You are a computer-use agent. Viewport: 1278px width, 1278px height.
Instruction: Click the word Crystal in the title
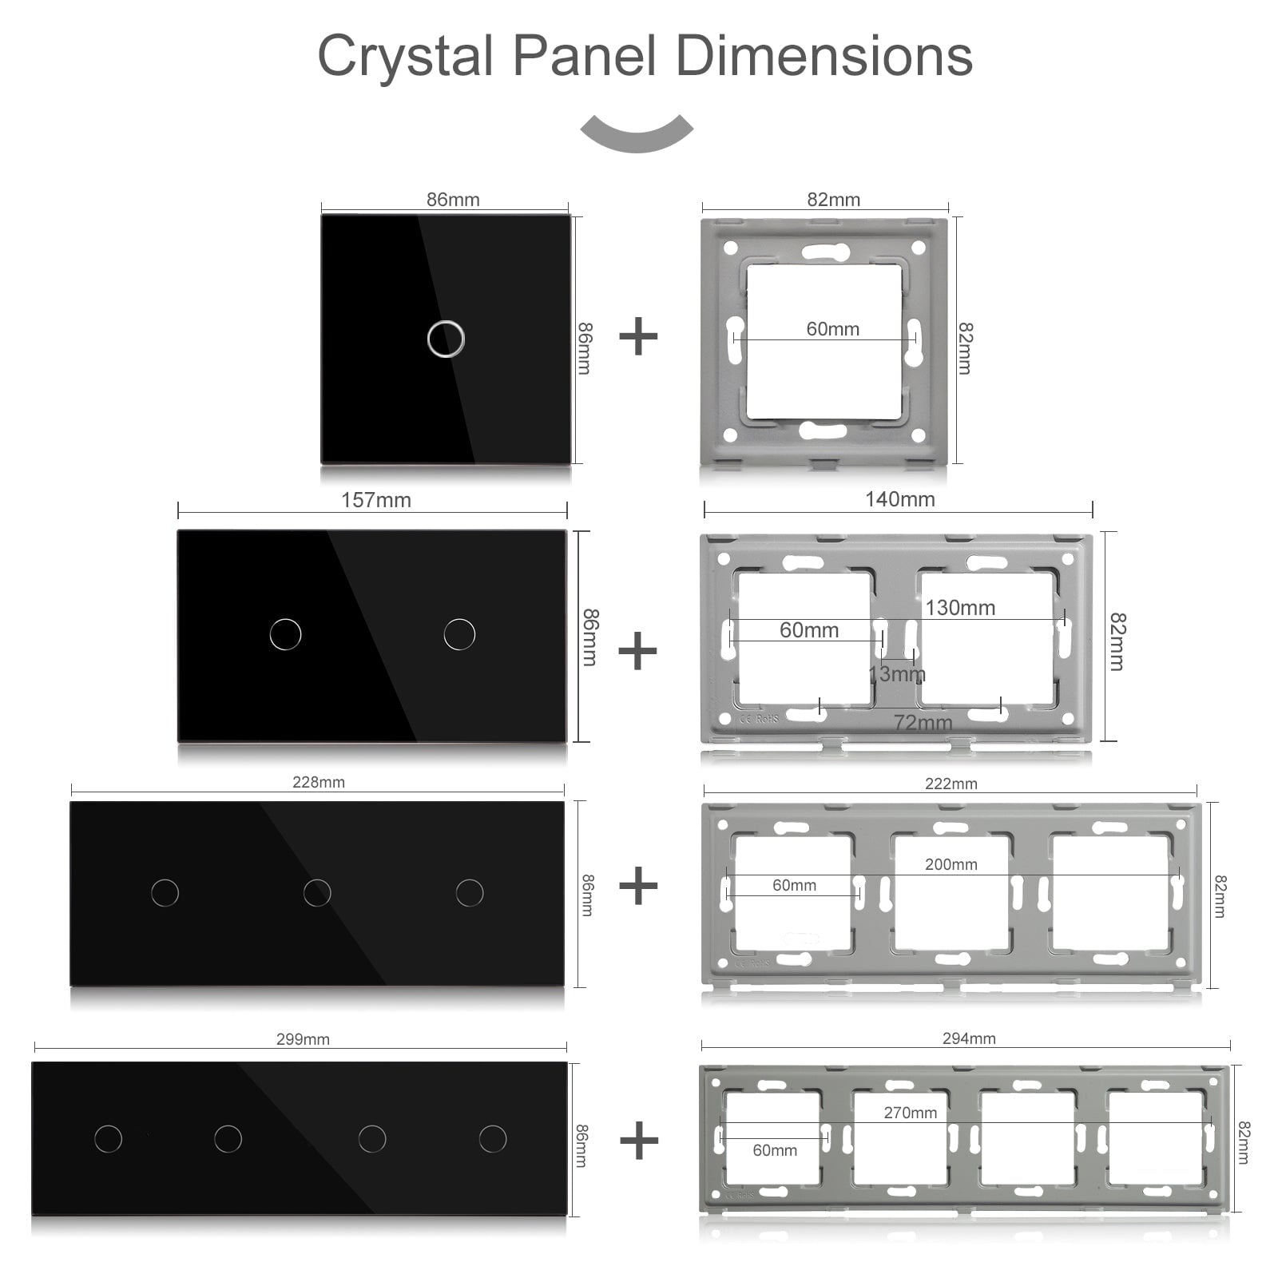(405, 56)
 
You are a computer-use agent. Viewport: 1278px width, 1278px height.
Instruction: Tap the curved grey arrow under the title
(637, 133)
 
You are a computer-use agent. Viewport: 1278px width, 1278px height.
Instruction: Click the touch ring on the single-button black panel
(446, 339)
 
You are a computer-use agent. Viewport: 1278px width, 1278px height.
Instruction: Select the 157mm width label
(375, 500)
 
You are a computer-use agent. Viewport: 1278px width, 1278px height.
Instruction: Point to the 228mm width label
(318, 782)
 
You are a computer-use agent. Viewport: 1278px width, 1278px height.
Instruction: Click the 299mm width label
(303, 1039)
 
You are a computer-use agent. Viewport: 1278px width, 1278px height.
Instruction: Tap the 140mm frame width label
(899, 499)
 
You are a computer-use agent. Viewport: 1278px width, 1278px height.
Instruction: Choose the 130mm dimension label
(959, 608)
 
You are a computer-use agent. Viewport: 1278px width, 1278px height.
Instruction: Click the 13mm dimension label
(896, 674)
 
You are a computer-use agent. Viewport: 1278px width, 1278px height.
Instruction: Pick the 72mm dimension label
(923, 723)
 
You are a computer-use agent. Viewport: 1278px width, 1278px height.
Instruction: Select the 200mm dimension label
(951, 864)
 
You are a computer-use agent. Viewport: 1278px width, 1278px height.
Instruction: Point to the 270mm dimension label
(910, 1113)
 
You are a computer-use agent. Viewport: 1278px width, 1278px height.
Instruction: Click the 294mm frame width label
(968, 1038)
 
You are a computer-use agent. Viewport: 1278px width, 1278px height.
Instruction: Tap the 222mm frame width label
(951, 784)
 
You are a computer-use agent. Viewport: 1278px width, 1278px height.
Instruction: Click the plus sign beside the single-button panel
(638, 336)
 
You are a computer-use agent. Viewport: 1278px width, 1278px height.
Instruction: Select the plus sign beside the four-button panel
(639, 1140)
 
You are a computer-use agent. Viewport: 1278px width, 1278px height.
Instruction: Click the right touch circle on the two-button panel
(459, 634)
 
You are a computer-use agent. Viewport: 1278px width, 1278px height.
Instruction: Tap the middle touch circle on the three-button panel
(317, 892)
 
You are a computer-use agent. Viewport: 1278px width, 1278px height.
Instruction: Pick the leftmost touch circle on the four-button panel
(108, 1138)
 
